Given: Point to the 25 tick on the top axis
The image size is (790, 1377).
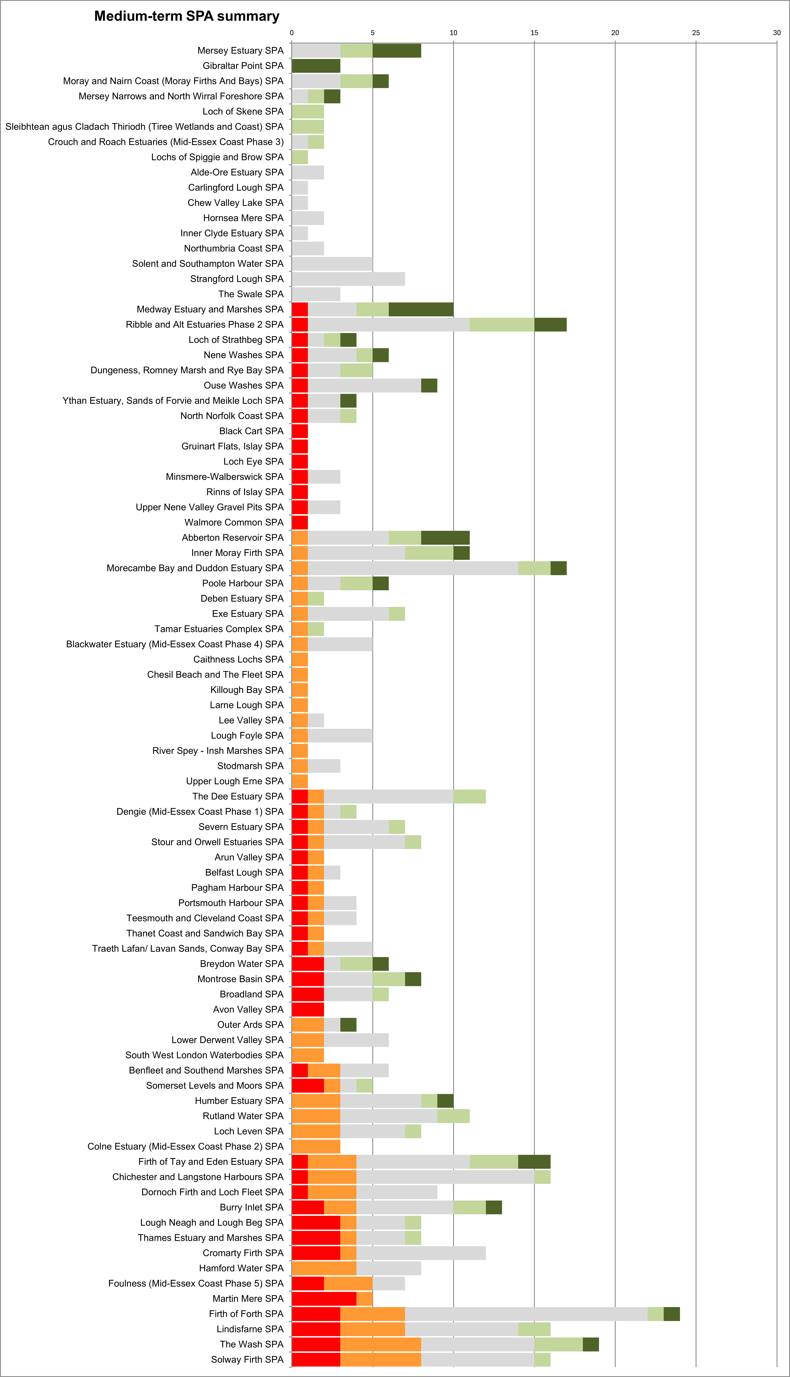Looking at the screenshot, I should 696,33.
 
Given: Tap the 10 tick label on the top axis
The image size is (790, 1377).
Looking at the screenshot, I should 453,33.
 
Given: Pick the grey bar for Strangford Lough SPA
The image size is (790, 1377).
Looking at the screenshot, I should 348,279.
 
